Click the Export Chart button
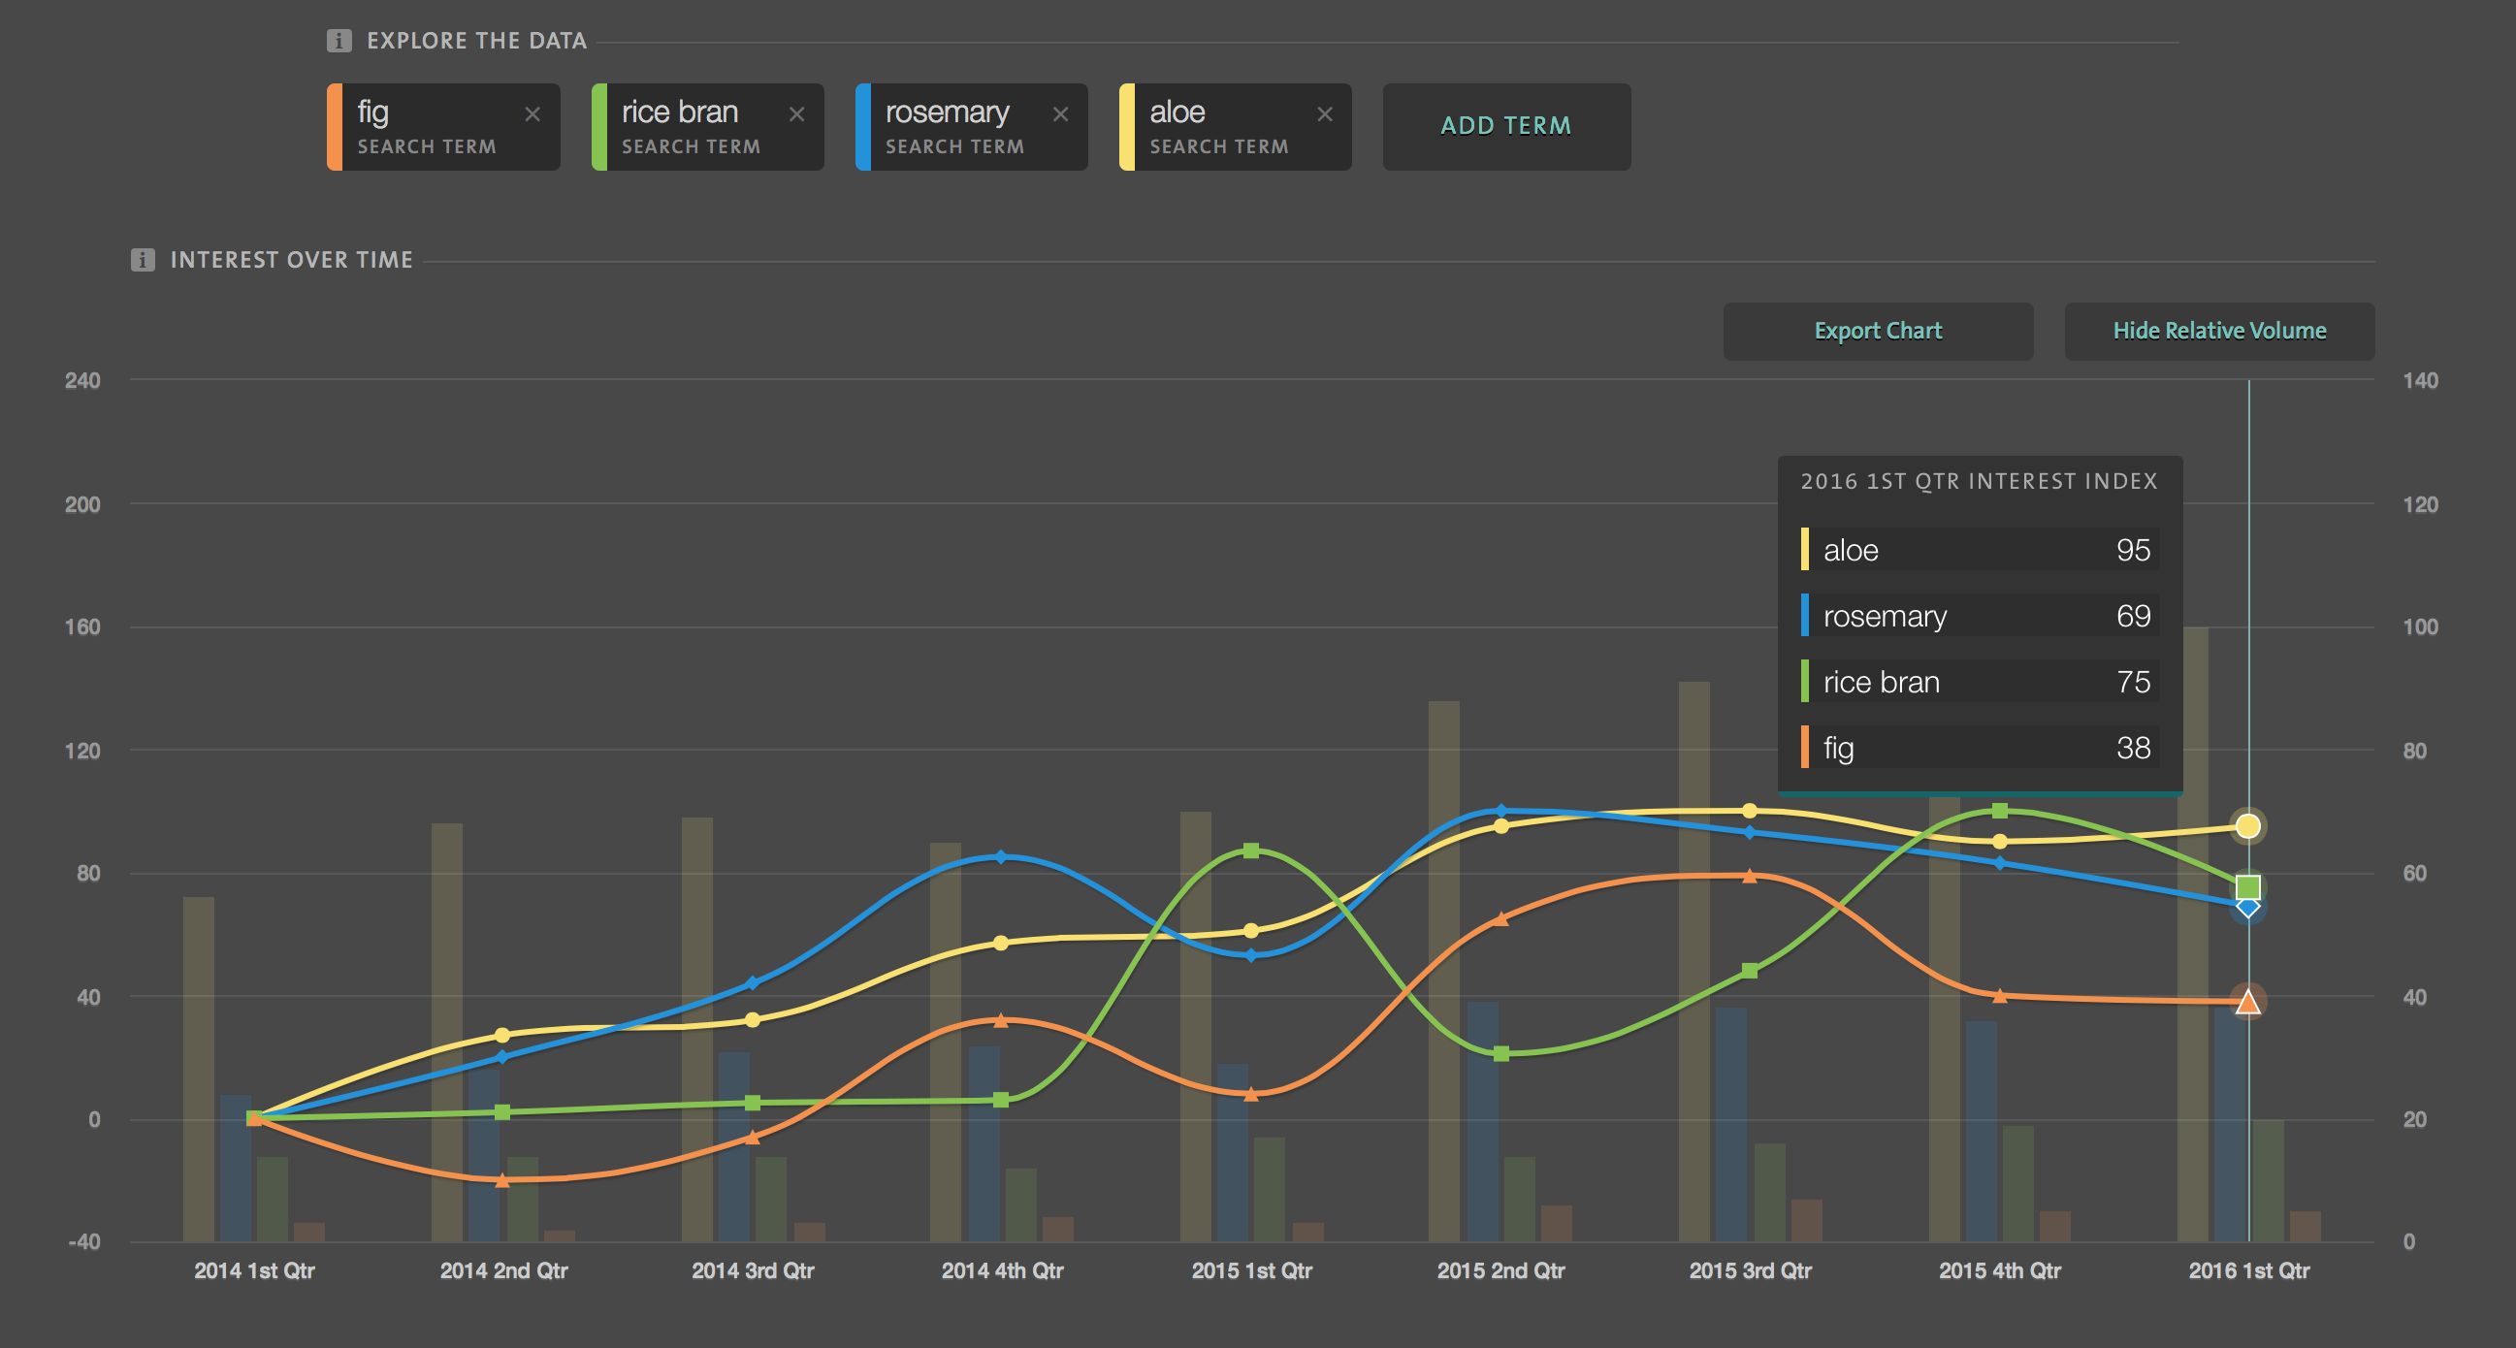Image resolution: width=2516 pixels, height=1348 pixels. point(1877,331)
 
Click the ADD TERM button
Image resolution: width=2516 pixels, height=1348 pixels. point(1505,126)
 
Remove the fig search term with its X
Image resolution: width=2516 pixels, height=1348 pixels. point(532,114)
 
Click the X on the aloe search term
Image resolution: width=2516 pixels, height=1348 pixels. point(1324,114)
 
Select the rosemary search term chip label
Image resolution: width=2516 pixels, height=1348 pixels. point(947,113)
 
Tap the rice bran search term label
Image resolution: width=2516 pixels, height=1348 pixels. point(680,113)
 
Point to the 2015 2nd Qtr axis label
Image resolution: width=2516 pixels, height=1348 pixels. point(1500,1270)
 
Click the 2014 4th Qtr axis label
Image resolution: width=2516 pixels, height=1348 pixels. point(1001,1270)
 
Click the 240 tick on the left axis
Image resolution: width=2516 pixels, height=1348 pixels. point(82,381)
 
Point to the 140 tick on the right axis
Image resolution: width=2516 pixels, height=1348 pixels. point(2419,381)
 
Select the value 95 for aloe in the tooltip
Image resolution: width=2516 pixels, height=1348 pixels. point(2132,550)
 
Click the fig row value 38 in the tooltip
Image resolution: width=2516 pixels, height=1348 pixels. point(2132,749)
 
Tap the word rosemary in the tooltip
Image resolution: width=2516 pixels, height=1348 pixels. point(1884,617)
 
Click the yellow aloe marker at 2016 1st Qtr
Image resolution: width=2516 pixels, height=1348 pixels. point(2247,826)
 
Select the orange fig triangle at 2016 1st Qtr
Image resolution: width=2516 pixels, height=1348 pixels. point(2247,1002)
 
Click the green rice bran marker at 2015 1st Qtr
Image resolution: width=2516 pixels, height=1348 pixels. point(1251,851)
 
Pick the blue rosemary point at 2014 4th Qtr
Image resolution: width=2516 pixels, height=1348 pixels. point(1001,856)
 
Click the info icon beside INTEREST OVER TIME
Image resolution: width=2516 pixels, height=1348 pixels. point(143,260)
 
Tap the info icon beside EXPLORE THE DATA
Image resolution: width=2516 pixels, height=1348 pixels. point(339,41)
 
